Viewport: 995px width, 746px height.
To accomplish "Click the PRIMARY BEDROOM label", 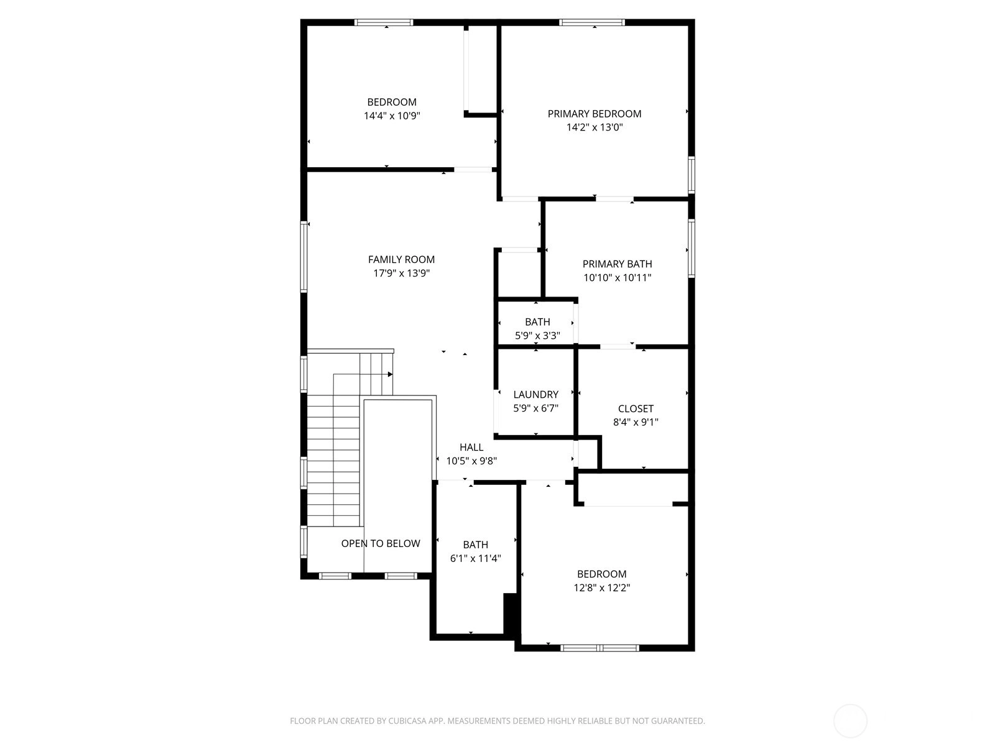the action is tap(595, 114).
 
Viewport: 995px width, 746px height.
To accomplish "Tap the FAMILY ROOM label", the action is tap(401, 259).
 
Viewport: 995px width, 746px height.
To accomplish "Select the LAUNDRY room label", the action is tap(536, 395).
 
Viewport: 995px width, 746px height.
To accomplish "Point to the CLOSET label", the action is tap(636, 408).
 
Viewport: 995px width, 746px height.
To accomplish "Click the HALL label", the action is tap(471, 447).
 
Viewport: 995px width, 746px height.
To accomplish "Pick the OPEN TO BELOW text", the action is tap(381, 543).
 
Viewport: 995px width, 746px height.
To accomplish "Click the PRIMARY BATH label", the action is tap(618, 264).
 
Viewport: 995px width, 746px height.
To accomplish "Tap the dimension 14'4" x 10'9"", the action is tap(392, 116).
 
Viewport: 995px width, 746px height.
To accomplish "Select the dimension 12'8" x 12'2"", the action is tap(602, 588).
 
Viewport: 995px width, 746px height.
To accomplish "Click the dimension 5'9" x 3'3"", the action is tap(538, 336).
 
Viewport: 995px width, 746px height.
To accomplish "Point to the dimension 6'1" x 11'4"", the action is tap(476, 558).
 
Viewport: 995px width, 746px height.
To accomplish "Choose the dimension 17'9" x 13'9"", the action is tap(402, 273).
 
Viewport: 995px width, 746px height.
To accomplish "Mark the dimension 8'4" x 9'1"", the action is tap(636, 422).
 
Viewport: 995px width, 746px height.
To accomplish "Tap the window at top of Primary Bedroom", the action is tap(591, 22).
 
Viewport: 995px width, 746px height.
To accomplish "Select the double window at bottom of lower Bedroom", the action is tap(599, 648).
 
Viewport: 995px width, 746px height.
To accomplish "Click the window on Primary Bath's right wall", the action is tap(692, 248).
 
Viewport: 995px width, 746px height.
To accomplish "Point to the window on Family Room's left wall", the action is tap(304, 256).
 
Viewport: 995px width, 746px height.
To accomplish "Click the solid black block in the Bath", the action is tap(511, 614).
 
